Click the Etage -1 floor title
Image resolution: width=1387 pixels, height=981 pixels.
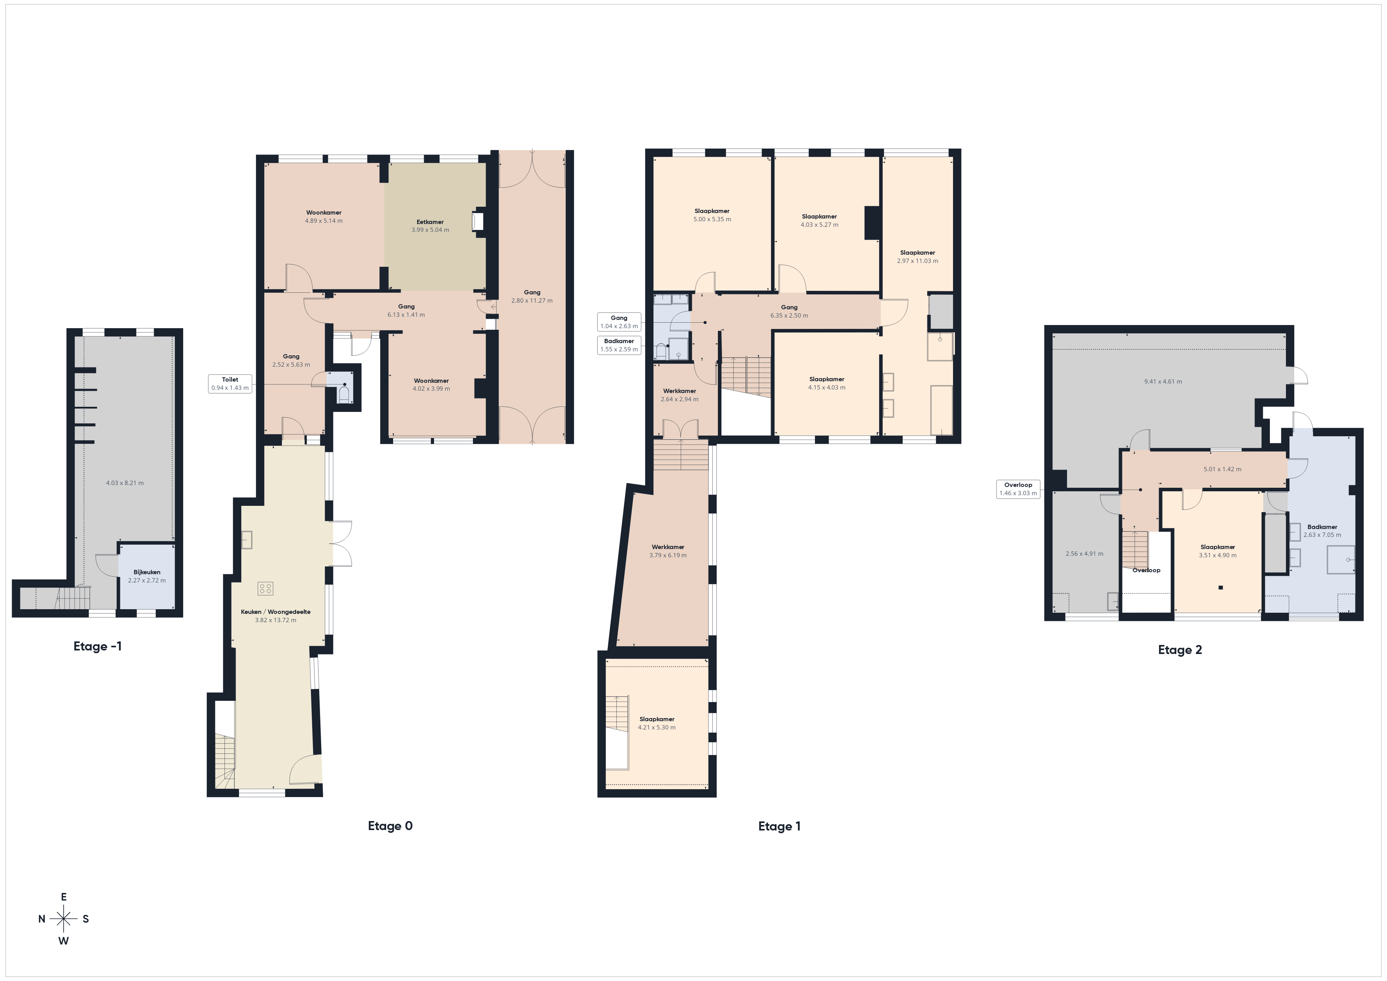click(97, 647)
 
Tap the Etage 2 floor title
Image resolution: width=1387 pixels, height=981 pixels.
click(1180, 650)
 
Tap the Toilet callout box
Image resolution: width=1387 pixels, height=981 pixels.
click(230, 384)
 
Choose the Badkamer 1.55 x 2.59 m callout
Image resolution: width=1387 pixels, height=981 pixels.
click(619, 345)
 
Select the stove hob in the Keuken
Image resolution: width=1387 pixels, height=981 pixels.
click(265, 588)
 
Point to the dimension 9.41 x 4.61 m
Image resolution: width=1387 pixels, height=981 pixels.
click(1163, 382)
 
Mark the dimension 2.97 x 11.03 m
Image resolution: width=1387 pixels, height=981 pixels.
click(918, 261)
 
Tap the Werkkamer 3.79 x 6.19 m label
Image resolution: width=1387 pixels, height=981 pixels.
click(668, 551)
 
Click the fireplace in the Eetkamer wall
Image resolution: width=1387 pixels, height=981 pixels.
click(478, 222)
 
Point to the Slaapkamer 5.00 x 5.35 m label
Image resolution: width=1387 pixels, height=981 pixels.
click(712, 215)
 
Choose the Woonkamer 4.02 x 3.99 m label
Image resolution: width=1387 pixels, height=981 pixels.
click(431, 385)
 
